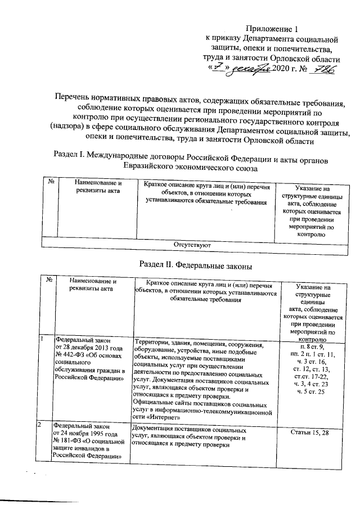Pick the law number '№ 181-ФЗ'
coord(68,440)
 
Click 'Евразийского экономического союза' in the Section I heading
coord(191,167)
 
